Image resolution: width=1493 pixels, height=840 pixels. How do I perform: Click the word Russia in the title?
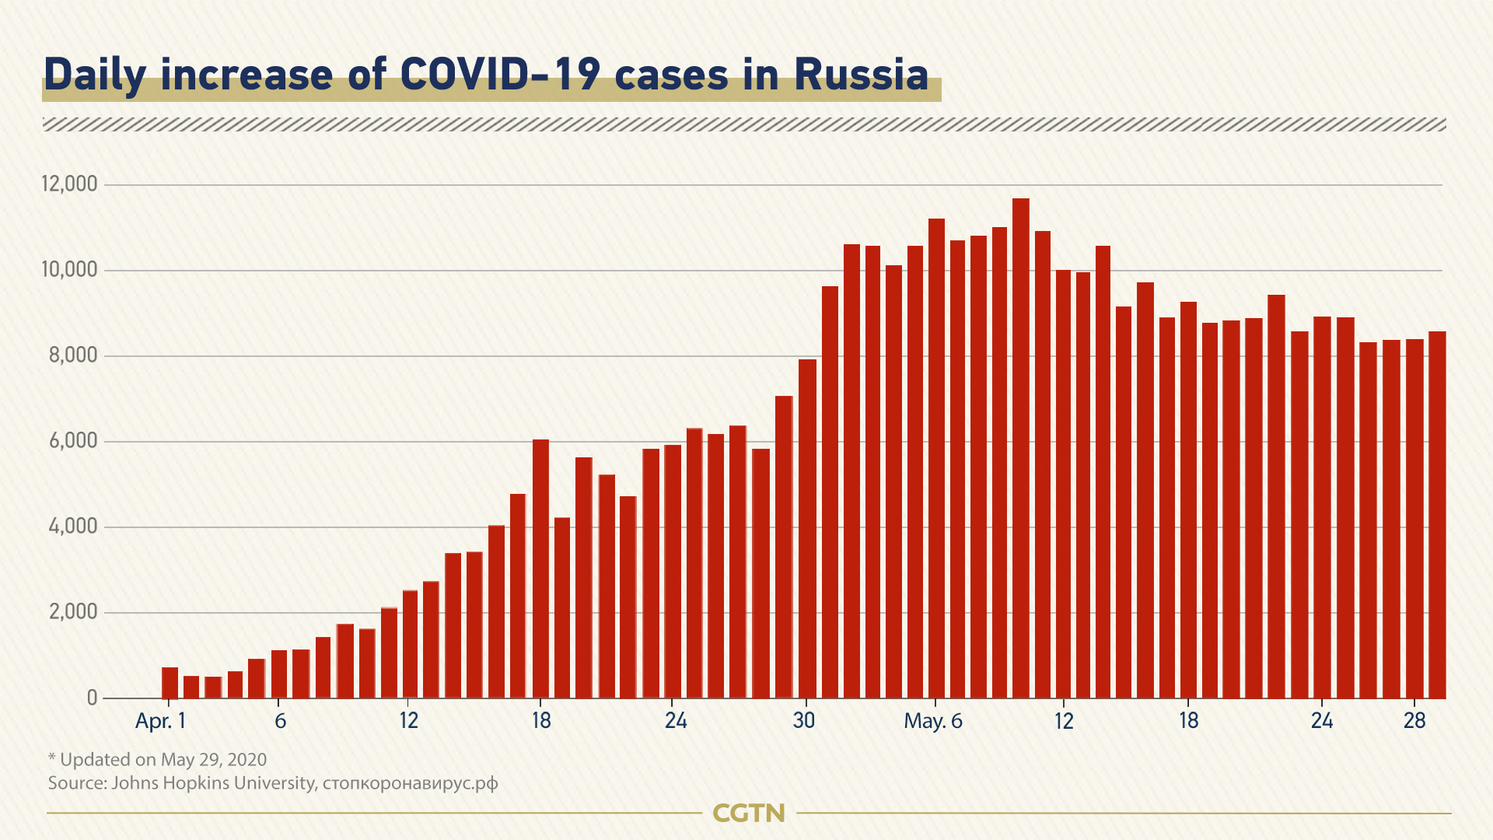coord(861,75)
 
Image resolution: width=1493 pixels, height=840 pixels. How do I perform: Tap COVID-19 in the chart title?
coord(501,75)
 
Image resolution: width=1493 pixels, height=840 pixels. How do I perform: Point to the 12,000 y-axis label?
coord(70,184)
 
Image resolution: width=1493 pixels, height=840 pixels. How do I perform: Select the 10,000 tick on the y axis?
coord(70,270)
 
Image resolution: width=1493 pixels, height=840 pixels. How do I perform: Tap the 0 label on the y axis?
coord(93,698)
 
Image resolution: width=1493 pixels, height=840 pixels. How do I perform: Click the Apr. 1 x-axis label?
coord(160,721)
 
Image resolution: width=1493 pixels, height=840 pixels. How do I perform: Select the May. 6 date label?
coord(933,721)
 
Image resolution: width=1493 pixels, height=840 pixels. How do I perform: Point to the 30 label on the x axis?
coord(804,721)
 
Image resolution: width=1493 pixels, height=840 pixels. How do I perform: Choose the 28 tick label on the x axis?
coord(1414,721)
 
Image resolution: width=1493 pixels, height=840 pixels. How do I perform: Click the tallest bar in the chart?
coord(1021,448)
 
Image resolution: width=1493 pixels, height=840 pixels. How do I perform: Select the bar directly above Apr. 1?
coord(170,683)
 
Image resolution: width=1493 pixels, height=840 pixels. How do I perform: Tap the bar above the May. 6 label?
coord(936,459)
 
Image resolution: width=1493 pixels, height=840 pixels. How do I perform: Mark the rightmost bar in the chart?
coord(1437,515)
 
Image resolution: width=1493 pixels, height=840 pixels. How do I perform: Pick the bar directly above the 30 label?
coord(807,529)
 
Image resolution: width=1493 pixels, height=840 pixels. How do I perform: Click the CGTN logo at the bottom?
coord(749,814)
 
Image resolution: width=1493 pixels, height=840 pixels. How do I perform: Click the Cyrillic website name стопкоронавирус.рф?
coord(410,782)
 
